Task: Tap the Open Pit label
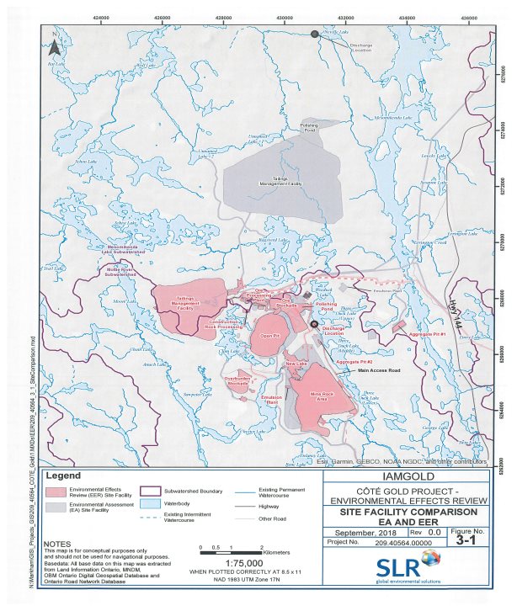tap(270, 335)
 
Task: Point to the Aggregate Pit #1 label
tap(426, 334)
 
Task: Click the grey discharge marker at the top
tap(315, 35)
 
